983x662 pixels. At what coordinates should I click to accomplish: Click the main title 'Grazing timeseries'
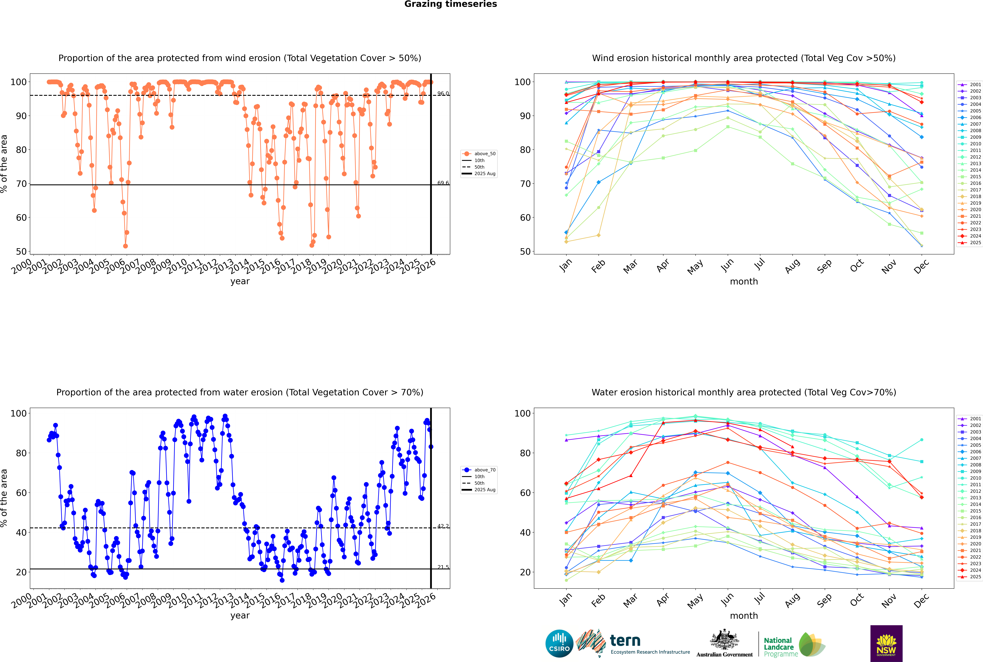[x=451, y=4]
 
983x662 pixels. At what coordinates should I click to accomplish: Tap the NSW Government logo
[x=886, y=643]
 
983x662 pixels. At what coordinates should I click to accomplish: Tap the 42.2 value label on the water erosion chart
[x=443, y=526]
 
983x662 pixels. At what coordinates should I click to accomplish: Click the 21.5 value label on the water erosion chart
[x=443, y=567]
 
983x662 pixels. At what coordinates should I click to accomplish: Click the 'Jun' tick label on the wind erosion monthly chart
[x=727, y=265]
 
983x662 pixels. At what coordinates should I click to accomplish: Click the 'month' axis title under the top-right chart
[x=744, y=282]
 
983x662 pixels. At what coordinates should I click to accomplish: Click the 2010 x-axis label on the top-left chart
[x=177, y=266]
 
